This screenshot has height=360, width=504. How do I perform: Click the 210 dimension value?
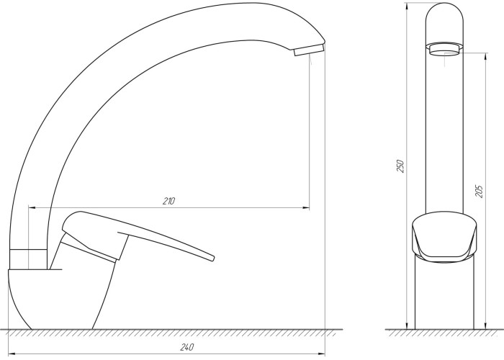168,201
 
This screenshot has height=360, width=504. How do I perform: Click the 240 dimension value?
186,347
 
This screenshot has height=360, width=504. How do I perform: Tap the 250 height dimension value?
400,166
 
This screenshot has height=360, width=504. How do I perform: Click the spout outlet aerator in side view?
309,50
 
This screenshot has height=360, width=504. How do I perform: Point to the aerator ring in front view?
444,49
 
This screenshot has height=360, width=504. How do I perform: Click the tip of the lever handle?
212,258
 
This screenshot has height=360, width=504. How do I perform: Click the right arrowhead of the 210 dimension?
307,208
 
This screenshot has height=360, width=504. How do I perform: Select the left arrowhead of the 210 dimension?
32,208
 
